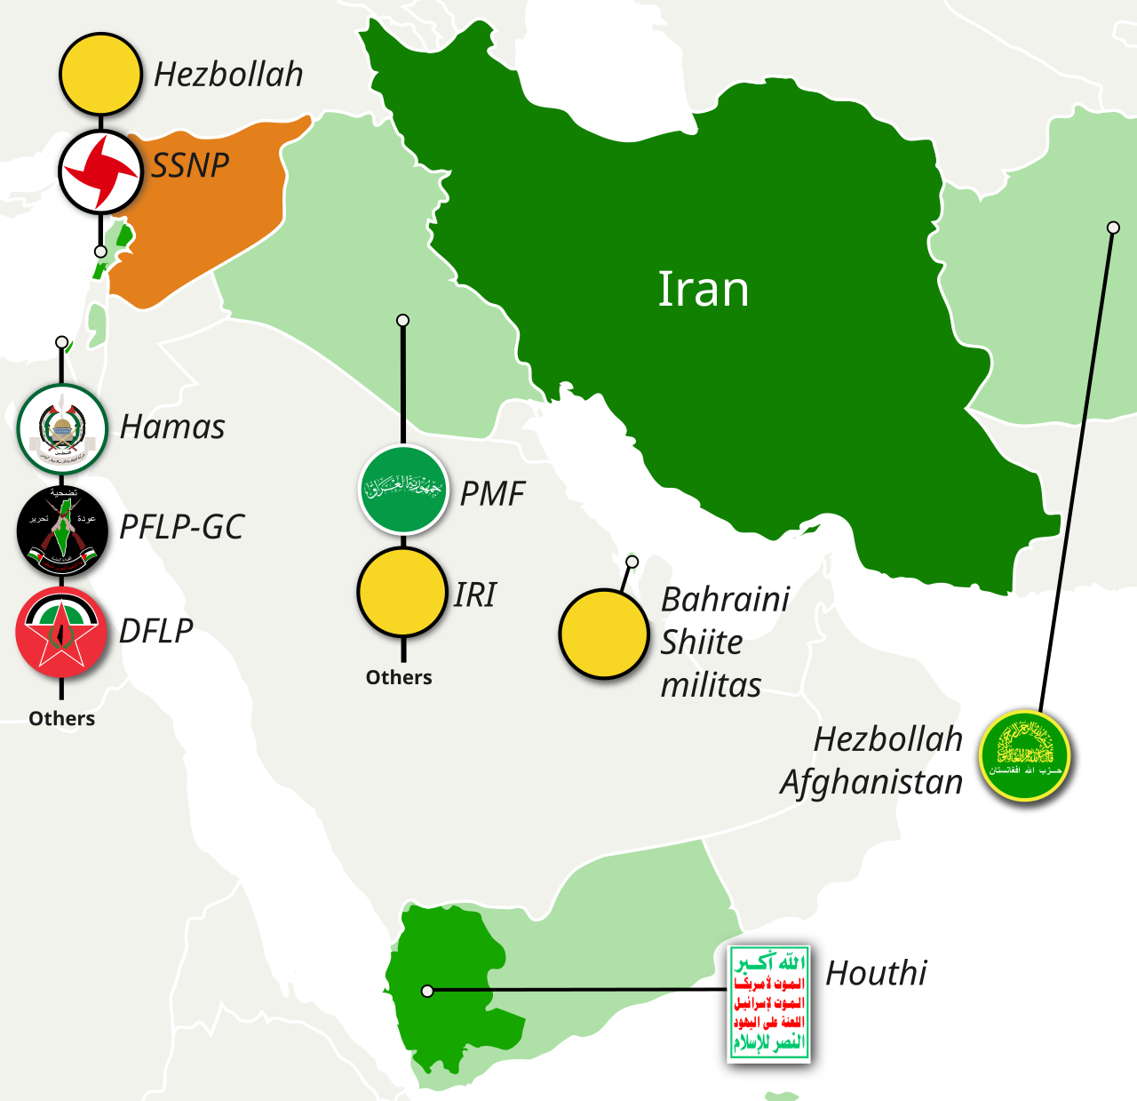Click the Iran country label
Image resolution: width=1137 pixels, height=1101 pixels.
(703, 290)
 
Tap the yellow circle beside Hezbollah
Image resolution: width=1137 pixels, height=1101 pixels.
(100, 75)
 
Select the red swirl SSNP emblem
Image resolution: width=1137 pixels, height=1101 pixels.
(100, 171)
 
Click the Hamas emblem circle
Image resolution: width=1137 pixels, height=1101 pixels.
(62, 429)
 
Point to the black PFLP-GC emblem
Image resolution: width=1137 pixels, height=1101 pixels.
(62, 531)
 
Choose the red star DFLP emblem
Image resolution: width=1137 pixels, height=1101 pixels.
(61, 632)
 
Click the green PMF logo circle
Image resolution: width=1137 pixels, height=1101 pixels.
(403, 490)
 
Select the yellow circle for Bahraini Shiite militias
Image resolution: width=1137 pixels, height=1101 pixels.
(604, 634)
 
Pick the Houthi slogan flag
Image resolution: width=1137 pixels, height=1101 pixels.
(768, 1003)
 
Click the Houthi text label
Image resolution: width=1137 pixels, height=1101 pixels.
(876, 974)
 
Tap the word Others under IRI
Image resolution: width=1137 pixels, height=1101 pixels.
(399, 677)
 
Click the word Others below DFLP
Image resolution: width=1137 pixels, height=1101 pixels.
(61, 718)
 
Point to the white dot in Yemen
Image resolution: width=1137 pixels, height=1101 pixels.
(427, 991)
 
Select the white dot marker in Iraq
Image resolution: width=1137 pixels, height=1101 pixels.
(402, 320)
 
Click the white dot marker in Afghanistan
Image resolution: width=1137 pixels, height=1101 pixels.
(1113, 227)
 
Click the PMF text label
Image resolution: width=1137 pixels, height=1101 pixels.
(492, 494)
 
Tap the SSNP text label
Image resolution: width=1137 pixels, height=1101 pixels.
(190, 165)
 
